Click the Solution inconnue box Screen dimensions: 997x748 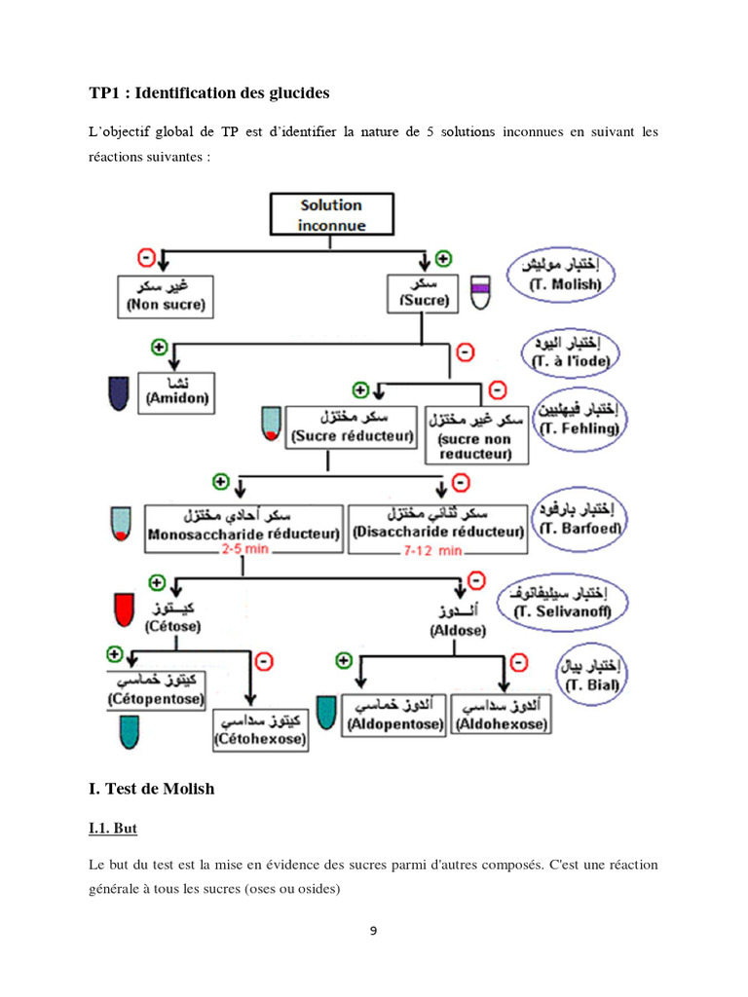coord(331,215)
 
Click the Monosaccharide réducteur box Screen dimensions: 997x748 coord(243,525)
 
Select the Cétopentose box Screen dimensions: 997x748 coord(156,691)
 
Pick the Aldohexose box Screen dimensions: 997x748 coord(502,716)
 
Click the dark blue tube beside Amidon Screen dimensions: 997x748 coord(118,392)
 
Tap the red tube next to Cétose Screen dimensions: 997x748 coord(124,609)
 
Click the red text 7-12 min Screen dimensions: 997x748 coord(435,551)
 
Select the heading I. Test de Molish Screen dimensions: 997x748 coord(151,789)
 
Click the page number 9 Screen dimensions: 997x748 coord(373,930)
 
